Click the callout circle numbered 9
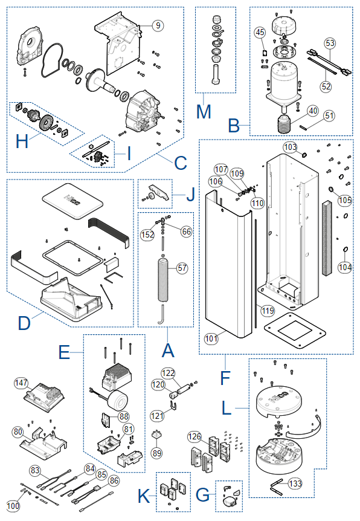click(x=158, y=25)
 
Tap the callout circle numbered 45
click(x=260, y=32)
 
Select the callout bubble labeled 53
click(x=330, y=43)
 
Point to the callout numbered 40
click(x=313, y=111)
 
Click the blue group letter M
click(x=204, y=112)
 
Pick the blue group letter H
click(x=22, y=141)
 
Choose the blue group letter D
click(x=24, y=323)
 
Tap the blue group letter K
click(x=144, y=496)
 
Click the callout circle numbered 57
click(x=182, y=268)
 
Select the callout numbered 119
click(x=268, y=311)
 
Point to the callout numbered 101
click(x=211, y=338)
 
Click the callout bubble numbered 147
click(x=21, y=383)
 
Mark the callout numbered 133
click(x=295, y=483)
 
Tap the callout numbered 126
click(x=194, y=436)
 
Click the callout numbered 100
click(x=13, y=506)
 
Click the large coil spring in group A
click(x=162, y=279)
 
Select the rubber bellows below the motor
click(x=284, y=124)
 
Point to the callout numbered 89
click(x=157, y=453)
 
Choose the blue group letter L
click(x=227, y=408)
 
